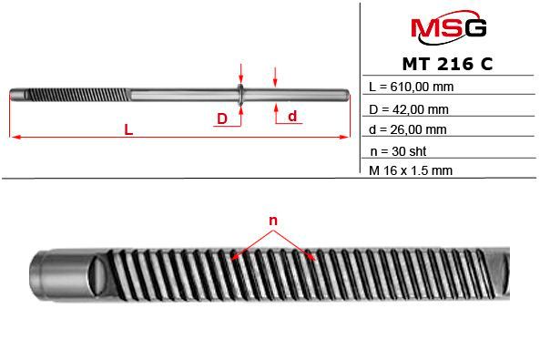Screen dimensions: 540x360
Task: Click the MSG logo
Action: click(x=449, y=27)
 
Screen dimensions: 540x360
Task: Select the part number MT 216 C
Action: click(x=447, y=64)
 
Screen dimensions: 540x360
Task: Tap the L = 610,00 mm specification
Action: click(x=412, y=87)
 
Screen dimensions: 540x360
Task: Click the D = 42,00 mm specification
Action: click(x=409, y=109)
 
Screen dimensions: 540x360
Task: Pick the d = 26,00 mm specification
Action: click(x=408, y=129)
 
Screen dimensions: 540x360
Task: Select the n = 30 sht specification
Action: click(x=399, y=151)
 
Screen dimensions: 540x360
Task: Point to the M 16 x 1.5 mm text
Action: click(x=411, y=170)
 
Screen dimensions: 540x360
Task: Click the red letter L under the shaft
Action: click(x=128, y=130)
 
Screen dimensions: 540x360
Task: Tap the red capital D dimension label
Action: click(x=222, y=118)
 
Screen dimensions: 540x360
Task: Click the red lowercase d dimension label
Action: click(x=292, y=117)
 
